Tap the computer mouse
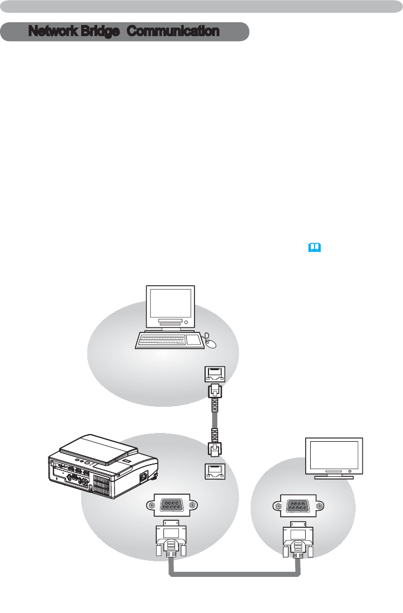click(211, 343)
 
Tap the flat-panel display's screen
click(334, 455)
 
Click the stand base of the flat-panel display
click(334, 476)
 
